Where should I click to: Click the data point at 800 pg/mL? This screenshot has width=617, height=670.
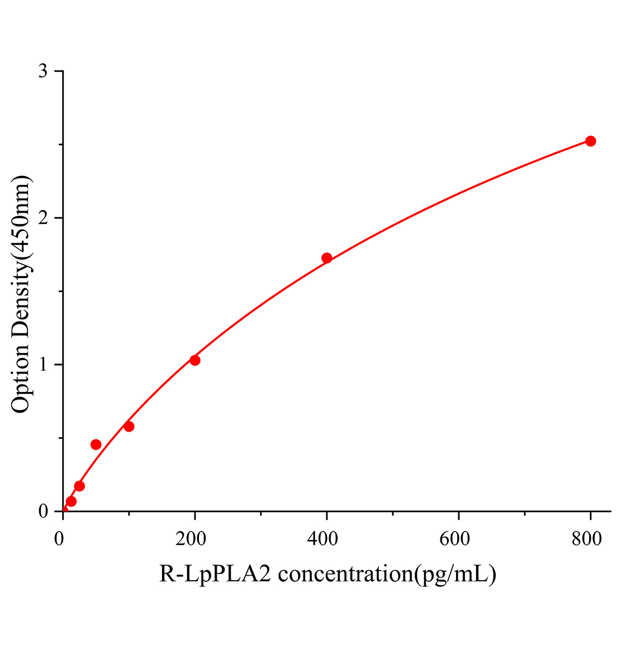tap(590, 141)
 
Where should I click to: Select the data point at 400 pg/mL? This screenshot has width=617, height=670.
tap(327, 258)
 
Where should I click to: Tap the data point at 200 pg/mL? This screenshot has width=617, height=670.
tap(195, 360)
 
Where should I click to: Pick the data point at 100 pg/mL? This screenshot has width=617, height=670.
tap(129, 427)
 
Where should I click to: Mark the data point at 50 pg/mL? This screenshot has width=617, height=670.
tap(96, 444)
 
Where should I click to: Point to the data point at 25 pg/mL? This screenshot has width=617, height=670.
tap(79, 486)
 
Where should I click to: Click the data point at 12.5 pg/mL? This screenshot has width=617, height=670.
tap(71, 501)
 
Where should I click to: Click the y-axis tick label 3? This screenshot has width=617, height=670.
tap(42, 71)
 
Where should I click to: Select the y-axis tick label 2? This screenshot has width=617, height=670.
tap(42, 218)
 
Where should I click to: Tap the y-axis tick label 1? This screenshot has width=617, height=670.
tap(42, 365)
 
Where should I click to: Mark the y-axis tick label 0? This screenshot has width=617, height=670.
tap(42, 511)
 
